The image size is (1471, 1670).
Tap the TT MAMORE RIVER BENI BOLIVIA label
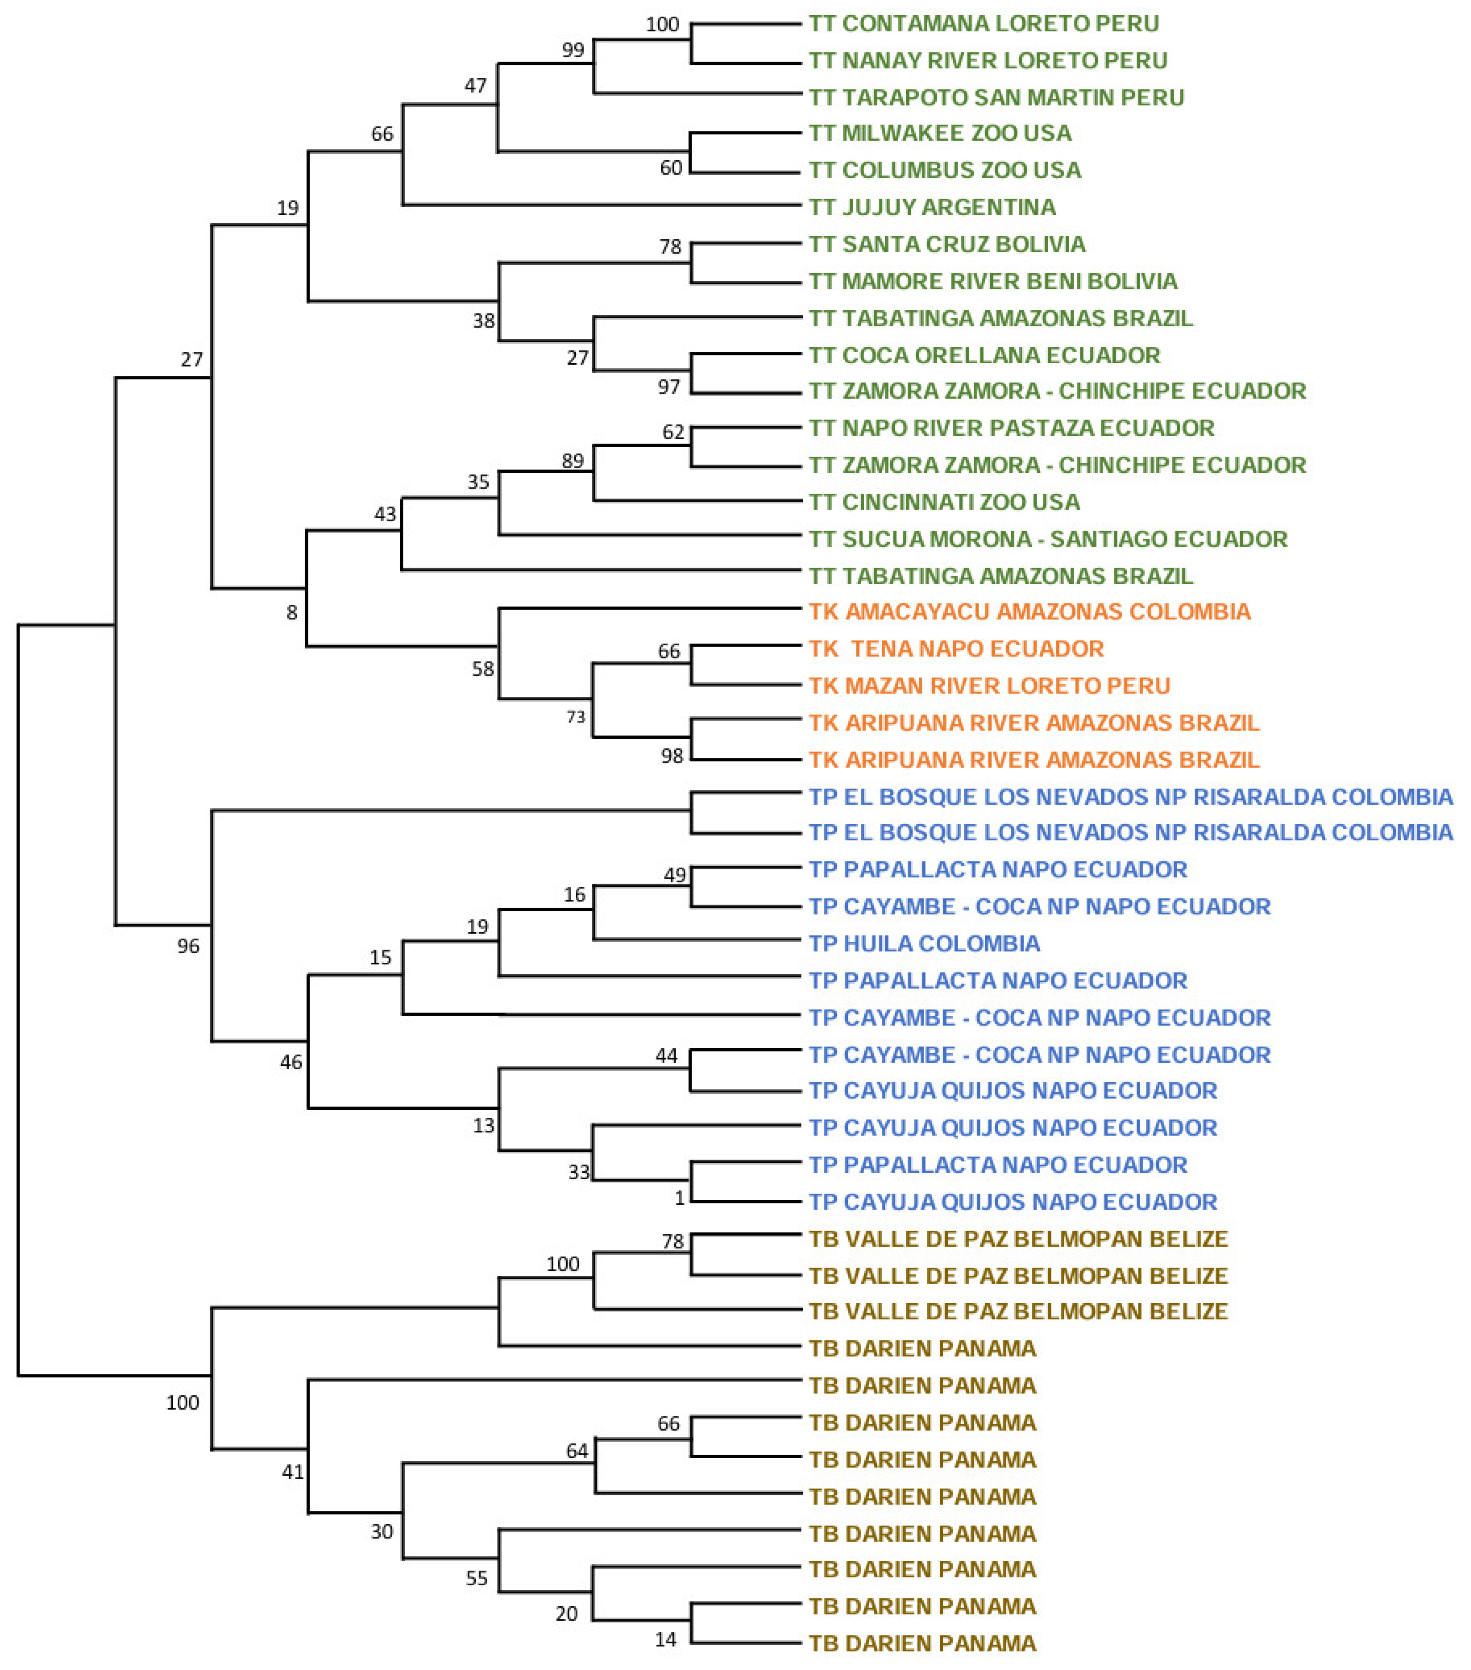993,281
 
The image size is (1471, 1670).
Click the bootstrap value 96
188,946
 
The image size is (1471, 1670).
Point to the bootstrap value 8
292,613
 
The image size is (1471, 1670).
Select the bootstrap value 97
669,386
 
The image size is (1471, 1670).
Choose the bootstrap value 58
483,669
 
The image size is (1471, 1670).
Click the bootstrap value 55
477,1578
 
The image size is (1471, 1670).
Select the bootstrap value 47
475,86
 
